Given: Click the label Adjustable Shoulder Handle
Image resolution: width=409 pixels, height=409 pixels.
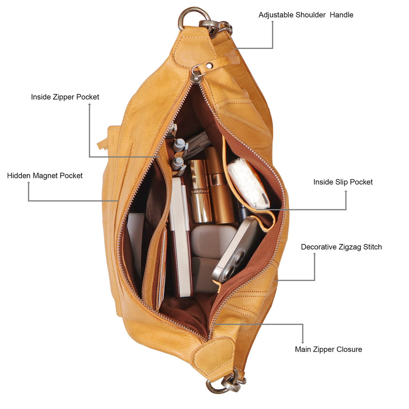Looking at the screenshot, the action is pyautogui.click(x=306, y=15).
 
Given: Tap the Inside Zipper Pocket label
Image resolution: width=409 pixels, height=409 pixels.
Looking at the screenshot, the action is pyautogui.click(x=65, y=97).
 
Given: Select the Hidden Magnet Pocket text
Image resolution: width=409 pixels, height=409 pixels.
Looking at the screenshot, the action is pyautogui.click(x=45, y=176).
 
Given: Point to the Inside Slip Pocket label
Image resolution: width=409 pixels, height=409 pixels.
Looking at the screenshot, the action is pyautogui.click(x=343, y=182).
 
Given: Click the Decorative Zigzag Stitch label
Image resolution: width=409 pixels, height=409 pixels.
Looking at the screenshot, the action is pyautogui.click(x=341, y=247).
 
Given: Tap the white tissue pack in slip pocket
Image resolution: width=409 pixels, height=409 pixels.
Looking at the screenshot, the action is pyautogui.click(x=248, y=184).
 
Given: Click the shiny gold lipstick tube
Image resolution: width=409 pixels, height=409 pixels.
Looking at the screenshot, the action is pyautogui.click(x=200, y=191).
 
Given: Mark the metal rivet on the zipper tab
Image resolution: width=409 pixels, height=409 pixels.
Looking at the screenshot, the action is pyautogui.click(x=209, y=66).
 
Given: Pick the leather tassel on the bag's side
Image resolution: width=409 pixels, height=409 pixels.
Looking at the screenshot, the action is pyautogui.click(x=103, y=144).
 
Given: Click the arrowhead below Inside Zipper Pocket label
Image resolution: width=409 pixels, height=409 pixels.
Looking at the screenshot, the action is pyautogui.click(x=90, y=104).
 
